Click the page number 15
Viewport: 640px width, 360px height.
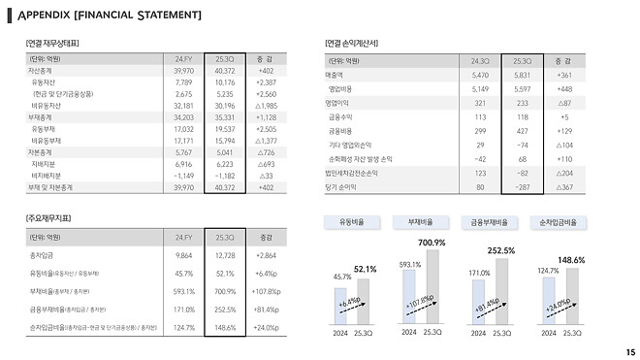[x=630, y=351]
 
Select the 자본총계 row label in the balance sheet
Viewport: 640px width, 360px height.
[x=42, y=152]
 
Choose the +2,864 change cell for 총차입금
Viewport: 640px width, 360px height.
[x=268, y=255]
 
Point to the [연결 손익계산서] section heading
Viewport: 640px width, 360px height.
[x=359, y=44]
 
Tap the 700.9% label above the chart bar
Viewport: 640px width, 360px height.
[x=431, y=242]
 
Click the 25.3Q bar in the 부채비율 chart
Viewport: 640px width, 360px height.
[x=432, y=286]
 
